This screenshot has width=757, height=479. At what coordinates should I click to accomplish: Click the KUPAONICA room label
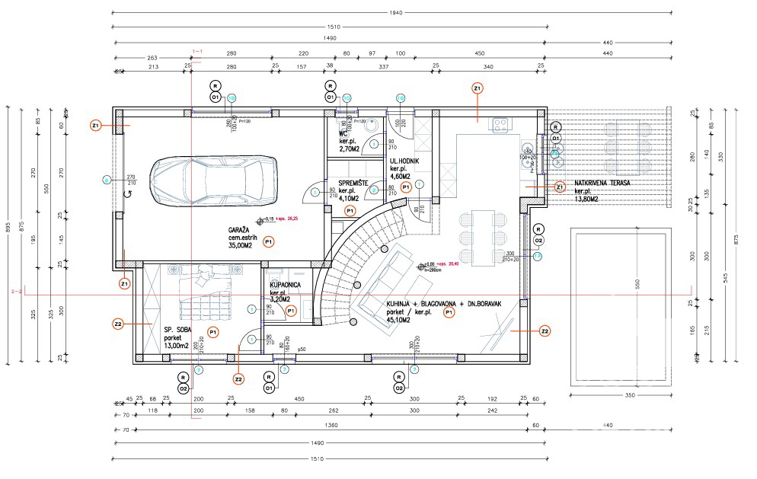coord(286,284)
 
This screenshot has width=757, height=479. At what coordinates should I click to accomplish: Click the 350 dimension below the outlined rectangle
coord(628,396)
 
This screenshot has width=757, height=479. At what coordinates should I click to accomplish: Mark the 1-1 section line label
coord(197,52)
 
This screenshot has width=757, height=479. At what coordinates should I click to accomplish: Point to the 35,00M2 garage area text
coord(243,246)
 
